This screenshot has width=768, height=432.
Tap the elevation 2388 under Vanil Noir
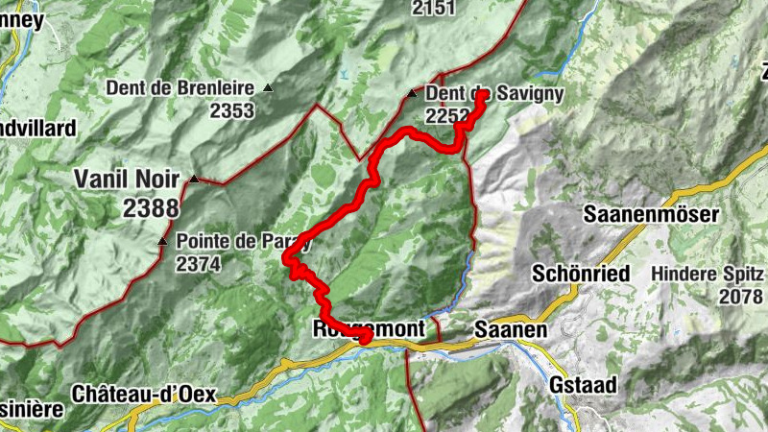[151, 206]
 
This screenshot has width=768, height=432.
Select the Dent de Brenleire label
[180, 88]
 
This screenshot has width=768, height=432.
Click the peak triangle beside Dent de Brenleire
[268, 88]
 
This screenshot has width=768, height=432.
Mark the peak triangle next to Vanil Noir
[194, 179]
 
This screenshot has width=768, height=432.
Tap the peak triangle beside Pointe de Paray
[161, 241]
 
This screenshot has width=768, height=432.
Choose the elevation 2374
[198, 264]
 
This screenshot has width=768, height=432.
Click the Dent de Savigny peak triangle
[412, 94]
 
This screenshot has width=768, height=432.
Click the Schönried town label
[582, 273]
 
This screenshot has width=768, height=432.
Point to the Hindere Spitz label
[706, 273]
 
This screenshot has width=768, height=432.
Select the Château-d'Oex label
[144, 395]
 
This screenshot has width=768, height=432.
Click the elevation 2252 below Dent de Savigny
[447, 116]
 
